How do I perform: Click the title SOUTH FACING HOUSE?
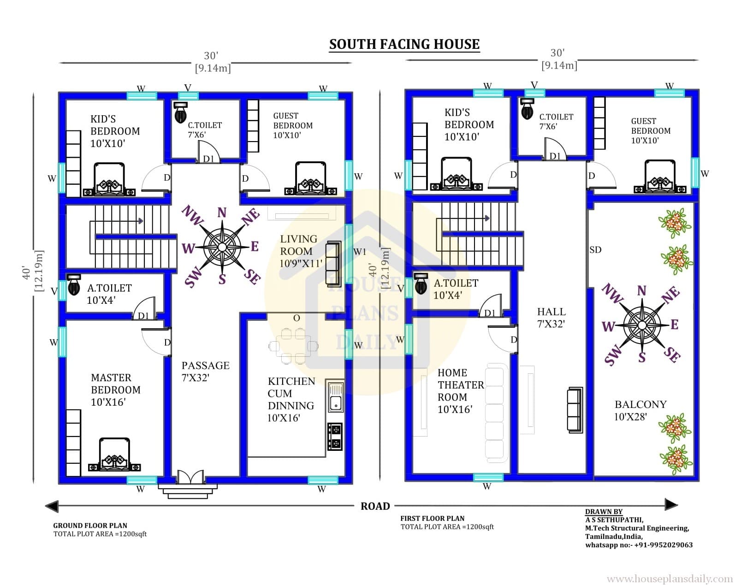point(404,44)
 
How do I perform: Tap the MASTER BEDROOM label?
point(115,390)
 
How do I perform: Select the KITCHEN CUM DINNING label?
point(291,399)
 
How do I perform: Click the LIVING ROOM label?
point(301,251)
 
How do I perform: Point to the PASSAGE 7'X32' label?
point(205,371)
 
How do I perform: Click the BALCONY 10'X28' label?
point(640,410)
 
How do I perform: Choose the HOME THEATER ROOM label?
point(461,390)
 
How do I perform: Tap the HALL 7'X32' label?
point(551,318)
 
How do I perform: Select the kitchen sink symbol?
point(336,397)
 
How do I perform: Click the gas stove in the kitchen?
point(335,437)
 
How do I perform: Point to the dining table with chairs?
point(293,346)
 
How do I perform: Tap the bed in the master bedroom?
point(114,455)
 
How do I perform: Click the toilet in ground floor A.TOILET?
point(74,284)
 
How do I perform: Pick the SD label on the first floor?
point(595,250)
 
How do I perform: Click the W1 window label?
point(360,252)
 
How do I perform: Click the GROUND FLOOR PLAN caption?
point(90,526)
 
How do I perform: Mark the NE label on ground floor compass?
point(251,217)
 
